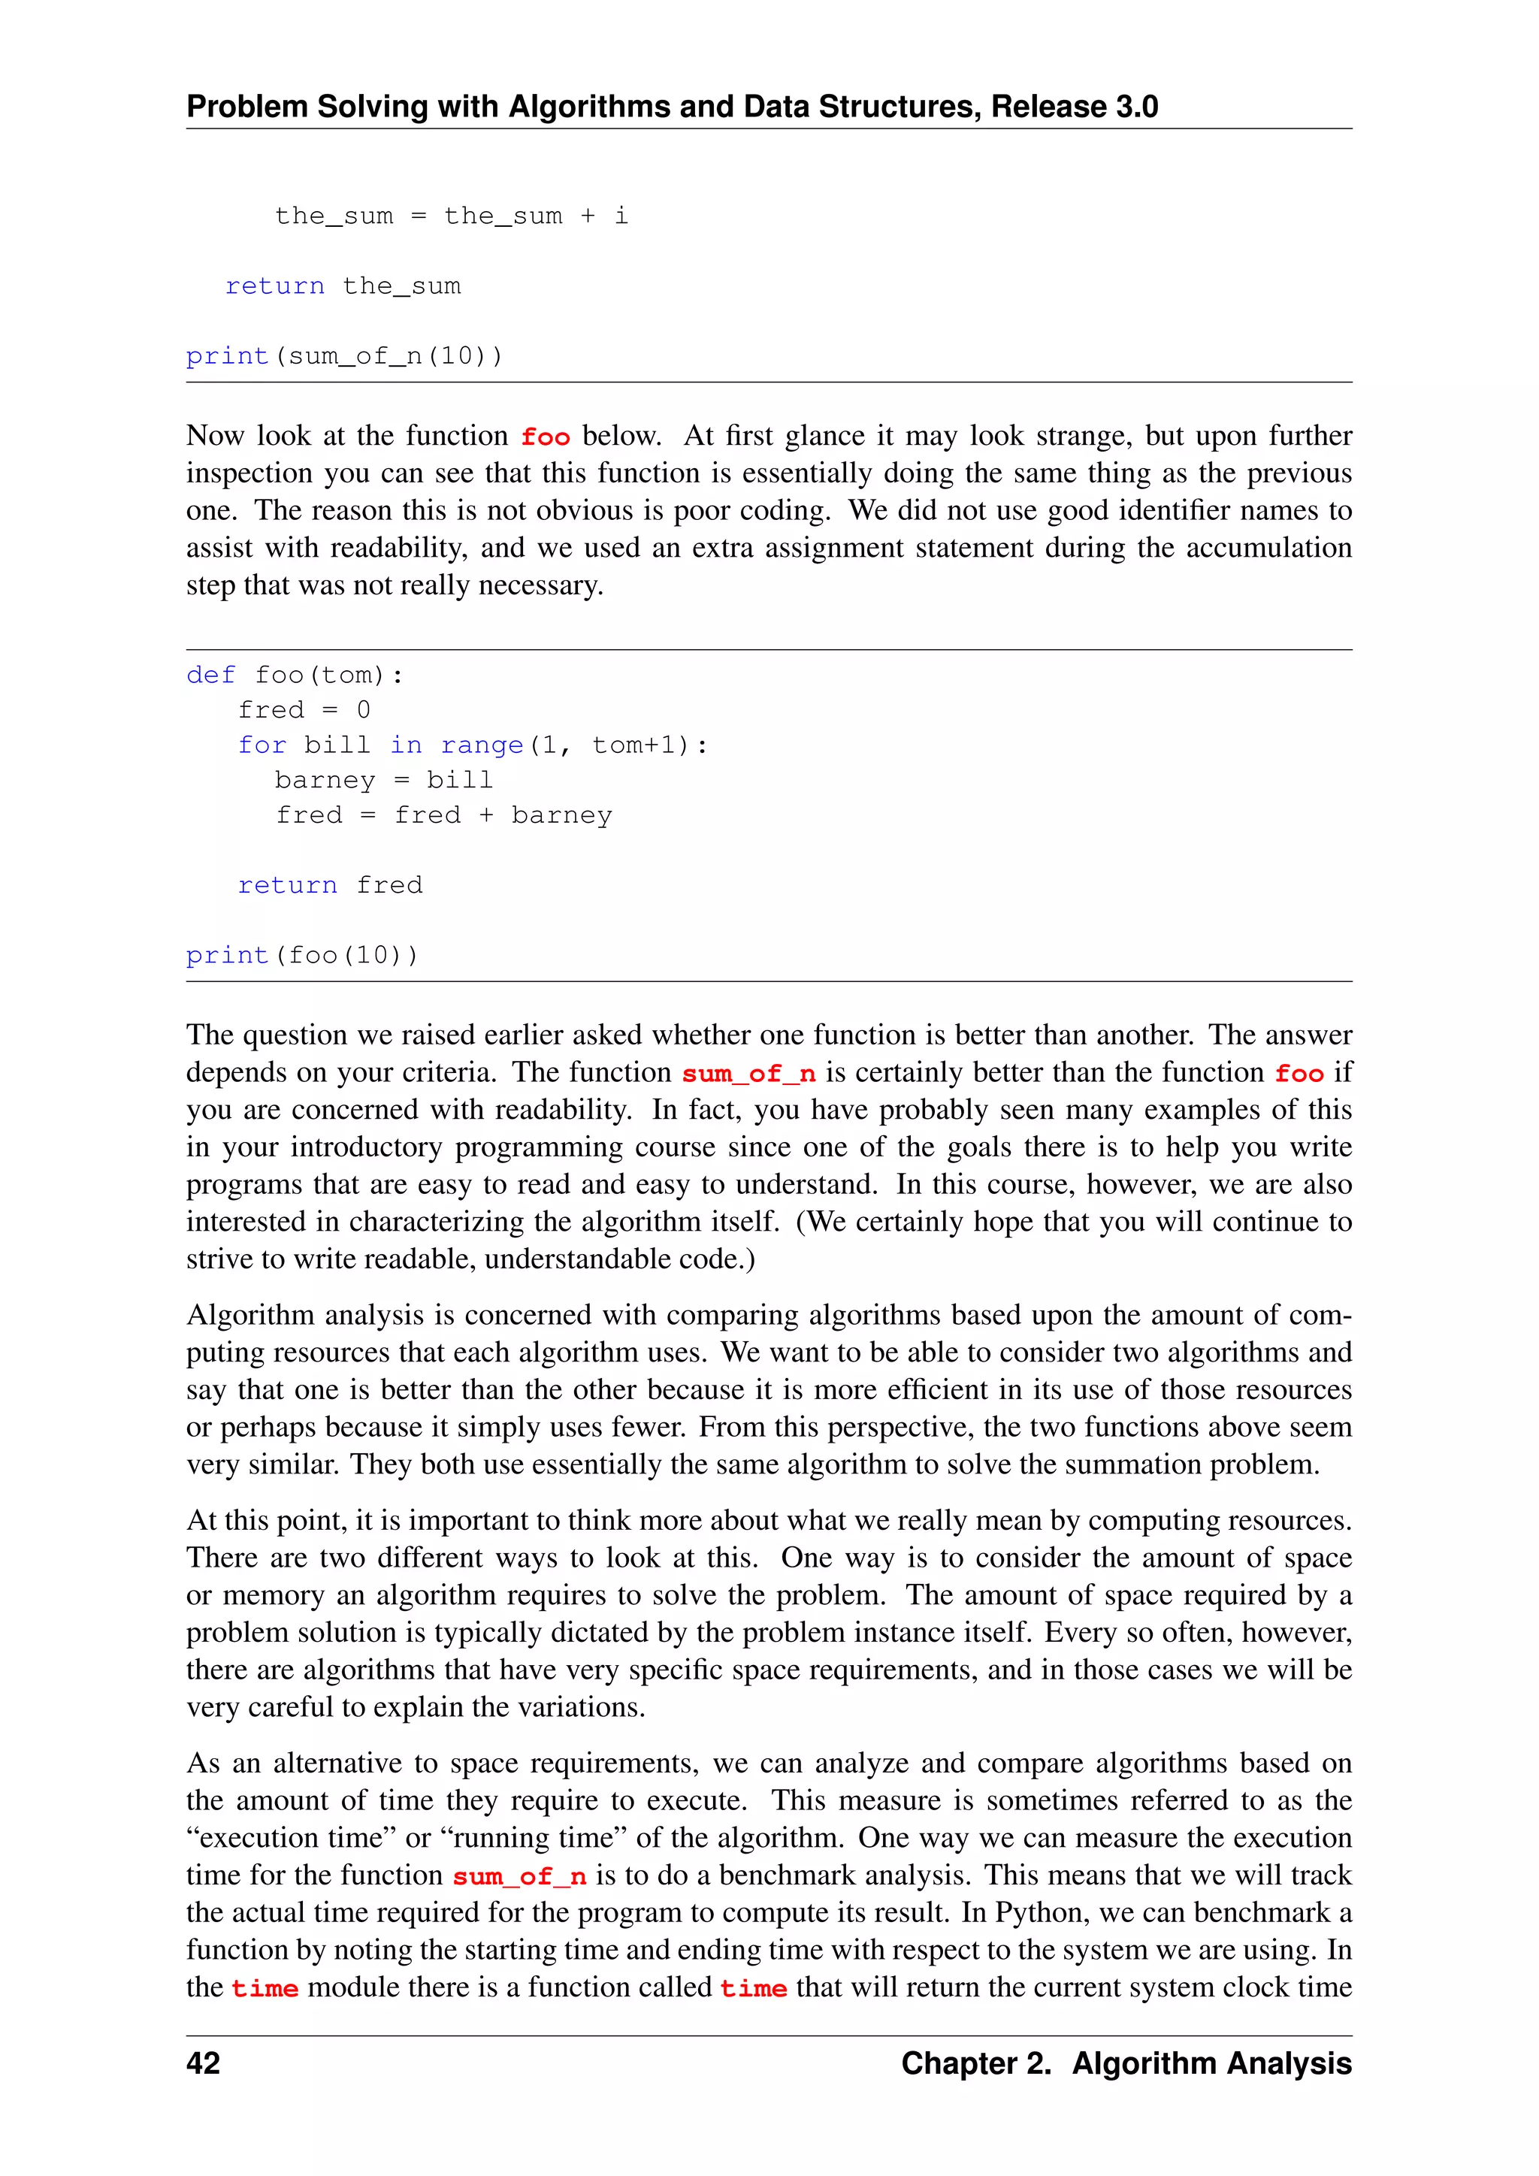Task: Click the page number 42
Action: coord(203,2063)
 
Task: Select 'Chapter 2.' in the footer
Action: coord(976,2063)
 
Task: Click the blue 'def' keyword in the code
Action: coord(210,675)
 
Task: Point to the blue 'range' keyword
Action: coord(482,746)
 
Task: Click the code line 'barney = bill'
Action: coord(384,780)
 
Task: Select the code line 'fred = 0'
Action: coord(304,710)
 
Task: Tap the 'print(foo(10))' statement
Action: coord(302,954)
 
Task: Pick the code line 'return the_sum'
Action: coord(343,286)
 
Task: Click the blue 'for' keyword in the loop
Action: coord(262,746)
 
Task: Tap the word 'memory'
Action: coord(274,1595)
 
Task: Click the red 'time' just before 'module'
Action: coord(265,1988)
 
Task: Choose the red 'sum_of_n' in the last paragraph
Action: coord(519,1875)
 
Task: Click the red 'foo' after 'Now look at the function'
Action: coord(545,437)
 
